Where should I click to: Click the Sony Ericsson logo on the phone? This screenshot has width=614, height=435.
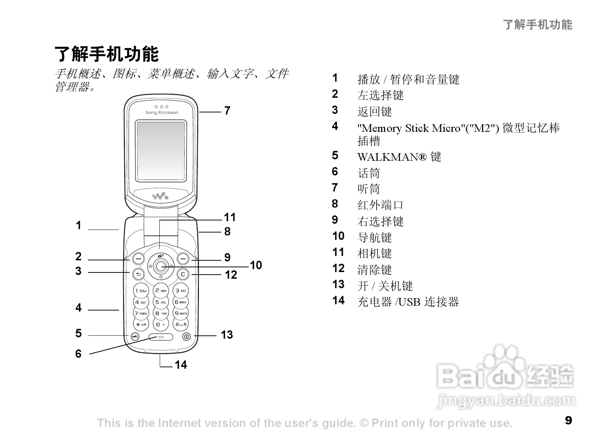162,112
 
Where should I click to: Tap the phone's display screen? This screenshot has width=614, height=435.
161,151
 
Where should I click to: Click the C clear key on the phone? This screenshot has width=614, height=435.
183,274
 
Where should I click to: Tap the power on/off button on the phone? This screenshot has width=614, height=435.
186,336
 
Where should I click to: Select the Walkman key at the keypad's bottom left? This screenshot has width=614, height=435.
135,336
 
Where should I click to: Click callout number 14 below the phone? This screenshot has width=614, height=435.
181,365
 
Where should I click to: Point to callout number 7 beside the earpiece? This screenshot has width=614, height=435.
227,111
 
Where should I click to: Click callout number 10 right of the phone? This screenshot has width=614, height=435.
256,265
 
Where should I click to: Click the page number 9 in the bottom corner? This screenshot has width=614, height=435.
568,420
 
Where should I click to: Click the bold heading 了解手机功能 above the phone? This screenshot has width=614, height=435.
107,54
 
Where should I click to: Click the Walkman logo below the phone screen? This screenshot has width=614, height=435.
160,196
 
